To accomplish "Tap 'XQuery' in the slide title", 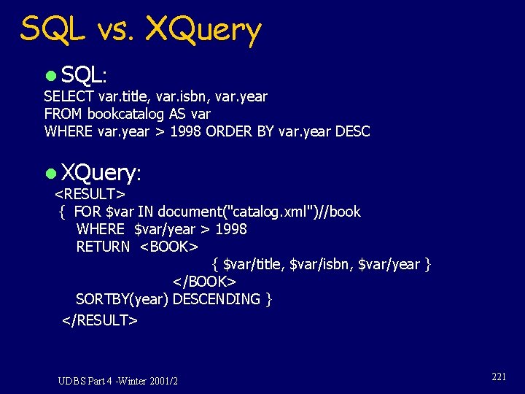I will [203, 30].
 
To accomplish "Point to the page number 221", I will [499, 376].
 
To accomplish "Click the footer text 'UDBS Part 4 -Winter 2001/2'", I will [118, 381].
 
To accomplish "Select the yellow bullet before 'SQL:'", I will [50, 75].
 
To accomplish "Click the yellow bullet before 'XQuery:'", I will [50, 174].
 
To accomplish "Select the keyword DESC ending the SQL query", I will [352, 131].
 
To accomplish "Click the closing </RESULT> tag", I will [100, 320].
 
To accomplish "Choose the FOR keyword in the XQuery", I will [87, 212].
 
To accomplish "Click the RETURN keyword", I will [103, 247].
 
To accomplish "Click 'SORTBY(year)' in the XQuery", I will [122, 299].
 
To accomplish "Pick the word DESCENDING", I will [217, 299].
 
